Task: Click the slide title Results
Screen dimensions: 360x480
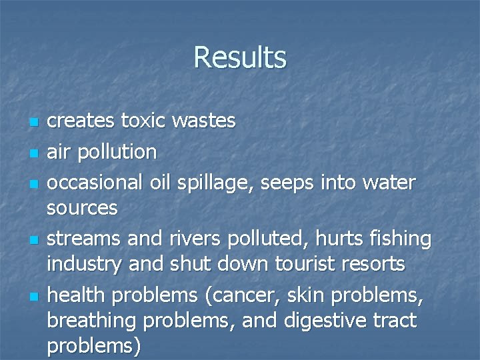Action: (240, 57)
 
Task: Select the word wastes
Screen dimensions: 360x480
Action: (204, 121)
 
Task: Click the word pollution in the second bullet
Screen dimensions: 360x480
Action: (117, 152)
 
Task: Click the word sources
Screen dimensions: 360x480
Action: (82, 209)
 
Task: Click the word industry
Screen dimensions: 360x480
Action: (85, 265)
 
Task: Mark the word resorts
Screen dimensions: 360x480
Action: (377, 265)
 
